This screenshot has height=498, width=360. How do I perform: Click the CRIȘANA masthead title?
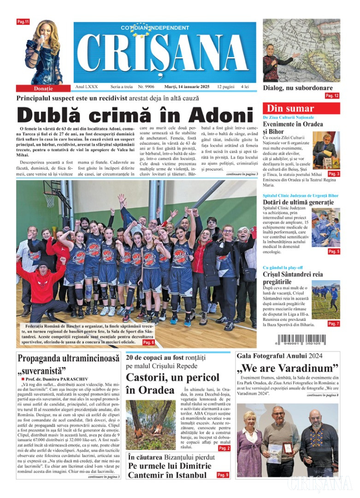coord(165,53)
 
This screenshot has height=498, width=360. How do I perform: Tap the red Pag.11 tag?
coord(23,22)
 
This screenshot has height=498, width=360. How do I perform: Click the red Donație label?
coord(43,88)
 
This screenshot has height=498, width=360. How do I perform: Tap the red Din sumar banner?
coord(301,109)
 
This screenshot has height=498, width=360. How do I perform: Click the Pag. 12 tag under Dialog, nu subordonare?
coord(332,96)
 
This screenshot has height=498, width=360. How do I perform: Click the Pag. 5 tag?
coord(334,251)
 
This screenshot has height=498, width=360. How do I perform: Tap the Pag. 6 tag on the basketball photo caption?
coord(148,343)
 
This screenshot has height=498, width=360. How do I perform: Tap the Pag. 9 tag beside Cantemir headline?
coord(223,475)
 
